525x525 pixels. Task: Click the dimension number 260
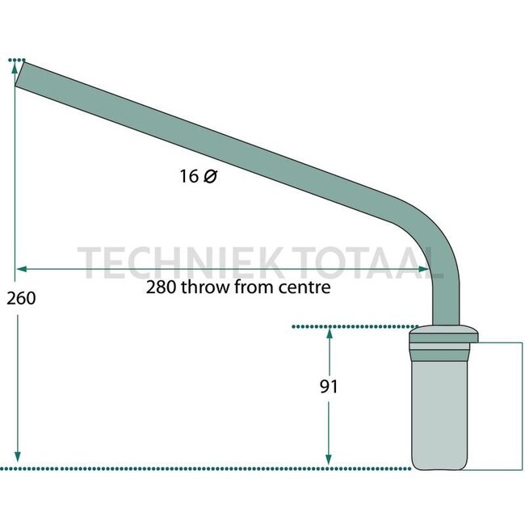point(20,298)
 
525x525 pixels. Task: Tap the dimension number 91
point(328,387)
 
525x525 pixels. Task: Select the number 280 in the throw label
point(160,287)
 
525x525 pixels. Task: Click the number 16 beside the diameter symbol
point(190,176)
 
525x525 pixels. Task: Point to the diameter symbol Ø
point(210,176)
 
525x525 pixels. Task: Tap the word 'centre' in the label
point(305,287)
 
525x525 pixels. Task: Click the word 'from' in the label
point(254,287)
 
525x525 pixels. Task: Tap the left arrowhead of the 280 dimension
point(21,267)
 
